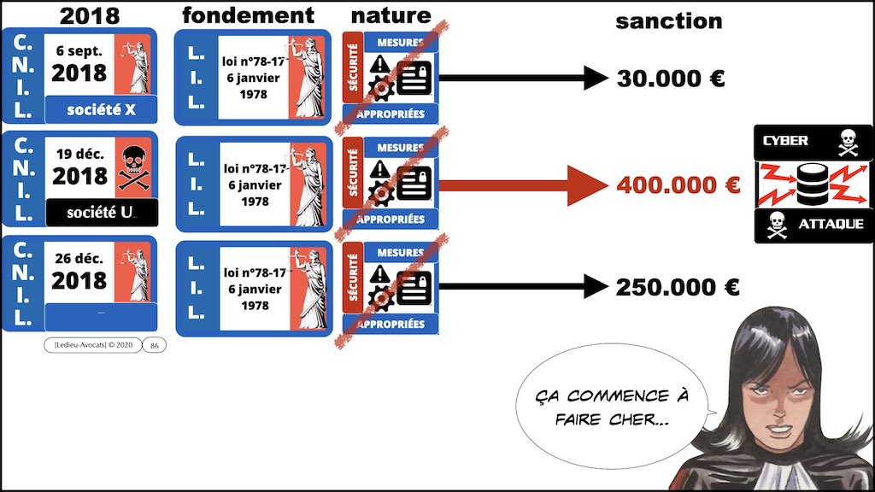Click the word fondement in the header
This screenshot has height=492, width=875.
pos(249,15)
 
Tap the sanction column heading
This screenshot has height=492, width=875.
pos(668,20)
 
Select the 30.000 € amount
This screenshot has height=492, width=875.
pos(671,79)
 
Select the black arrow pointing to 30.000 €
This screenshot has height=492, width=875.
pos(522,79)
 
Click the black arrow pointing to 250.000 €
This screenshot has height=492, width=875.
pos(522,287)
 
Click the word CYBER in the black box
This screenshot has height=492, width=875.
pos(784,140)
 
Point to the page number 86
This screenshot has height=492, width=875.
pos(154,345)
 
